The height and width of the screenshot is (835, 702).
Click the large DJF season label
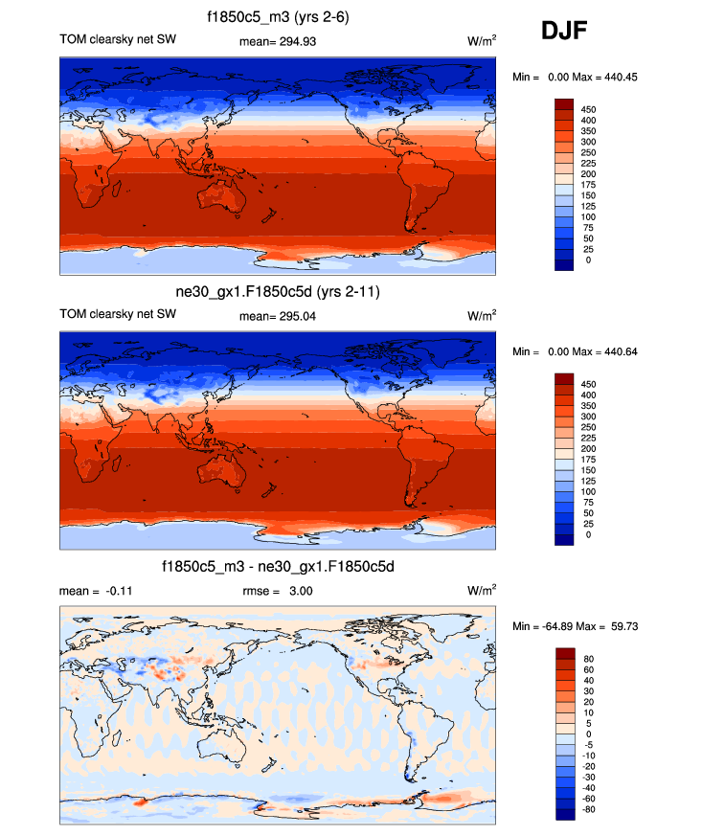click(565, 33)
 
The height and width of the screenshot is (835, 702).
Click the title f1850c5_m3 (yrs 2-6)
click(278, 17)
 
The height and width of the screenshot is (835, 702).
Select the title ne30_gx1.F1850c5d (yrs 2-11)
click(278, 291)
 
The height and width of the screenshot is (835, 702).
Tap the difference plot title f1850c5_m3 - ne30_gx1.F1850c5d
click(278, 567)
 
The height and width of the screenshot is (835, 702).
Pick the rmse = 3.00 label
click(278, 591)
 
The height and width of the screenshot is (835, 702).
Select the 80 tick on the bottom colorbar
click(587, 659)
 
